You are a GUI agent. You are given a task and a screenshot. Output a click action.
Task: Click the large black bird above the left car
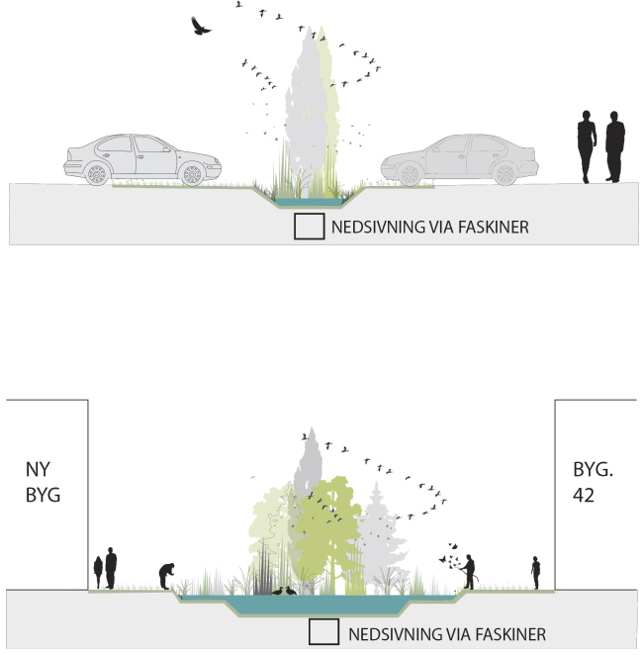201,26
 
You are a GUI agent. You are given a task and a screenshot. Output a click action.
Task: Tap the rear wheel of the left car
96,172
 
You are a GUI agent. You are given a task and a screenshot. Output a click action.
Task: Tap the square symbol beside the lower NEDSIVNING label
321,632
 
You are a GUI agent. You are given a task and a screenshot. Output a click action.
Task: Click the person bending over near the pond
168,576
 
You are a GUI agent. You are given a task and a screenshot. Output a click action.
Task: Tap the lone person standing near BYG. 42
535,572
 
